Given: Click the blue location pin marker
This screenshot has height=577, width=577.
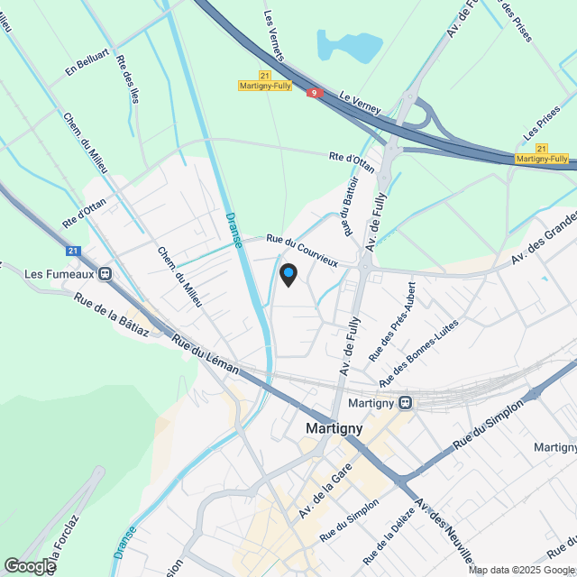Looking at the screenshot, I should pyautogui.click(x=288, y=274).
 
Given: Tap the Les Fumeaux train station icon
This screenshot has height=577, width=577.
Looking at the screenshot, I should pyautogui.click(x=106, y=273).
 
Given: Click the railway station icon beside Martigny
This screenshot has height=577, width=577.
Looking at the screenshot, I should pyautogui.click(x=406, y=402).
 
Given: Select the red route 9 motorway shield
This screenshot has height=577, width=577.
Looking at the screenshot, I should pyautogui.click(x=314, y=93).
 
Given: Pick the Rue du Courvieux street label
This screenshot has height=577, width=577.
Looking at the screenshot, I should pyautogui.click(x=302, y=250).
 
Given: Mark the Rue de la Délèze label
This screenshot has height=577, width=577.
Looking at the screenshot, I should pyautogui.click(x=383, y=527).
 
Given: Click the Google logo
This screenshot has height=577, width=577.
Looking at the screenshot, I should pyautogui.click(x=30, y=565).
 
